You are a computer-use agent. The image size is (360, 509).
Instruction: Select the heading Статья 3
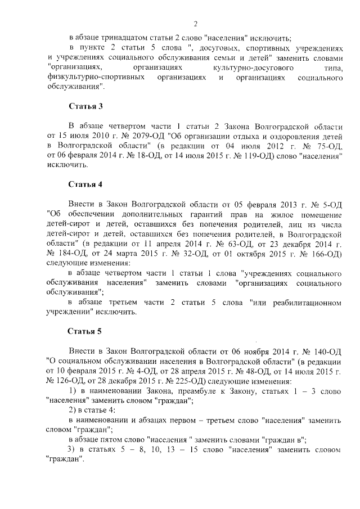click(85, 106)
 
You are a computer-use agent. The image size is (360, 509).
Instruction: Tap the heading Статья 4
click(85, 184)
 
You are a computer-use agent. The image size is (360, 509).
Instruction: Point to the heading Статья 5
click(85, 331)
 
